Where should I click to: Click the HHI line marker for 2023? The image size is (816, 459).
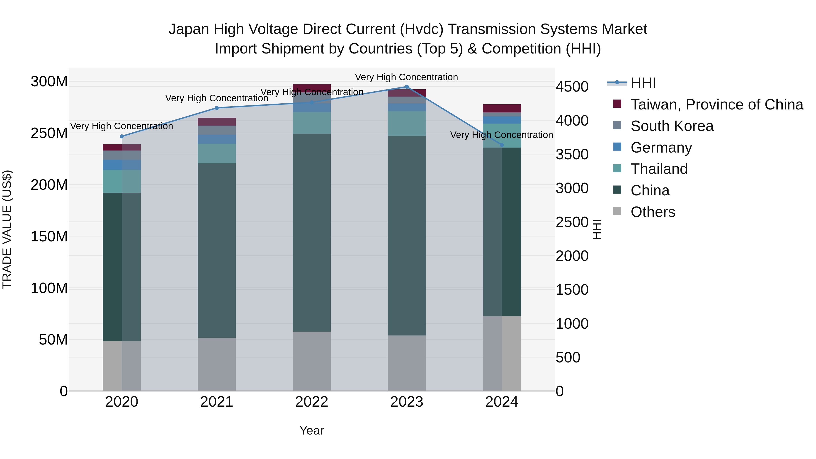[407, 87]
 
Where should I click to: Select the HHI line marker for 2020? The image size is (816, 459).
[122, 136]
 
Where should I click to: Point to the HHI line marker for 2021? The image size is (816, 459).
[217, 108]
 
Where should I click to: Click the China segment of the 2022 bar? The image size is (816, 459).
[312, 233]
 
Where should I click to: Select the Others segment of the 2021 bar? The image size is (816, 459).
[217, 364]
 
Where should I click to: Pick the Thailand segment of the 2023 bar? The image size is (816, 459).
[407, 124]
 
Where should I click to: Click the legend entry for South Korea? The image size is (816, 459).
[672, 126]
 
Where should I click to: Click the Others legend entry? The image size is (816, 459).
[653, 212]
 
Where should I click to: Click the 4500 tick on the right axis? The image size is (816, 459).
[572, 87]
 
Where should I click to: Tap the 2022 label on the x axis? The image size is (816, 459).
[312, 402]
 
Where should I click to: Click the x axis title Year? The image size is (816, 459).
[312, 430]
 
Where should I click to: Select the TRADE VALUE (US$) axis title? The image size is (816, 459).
[7, 230]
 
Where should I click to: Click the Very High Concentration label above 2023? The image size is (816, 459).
[406, 77]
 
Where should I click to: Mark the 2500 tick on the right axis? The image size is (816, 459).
[572, 222]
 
